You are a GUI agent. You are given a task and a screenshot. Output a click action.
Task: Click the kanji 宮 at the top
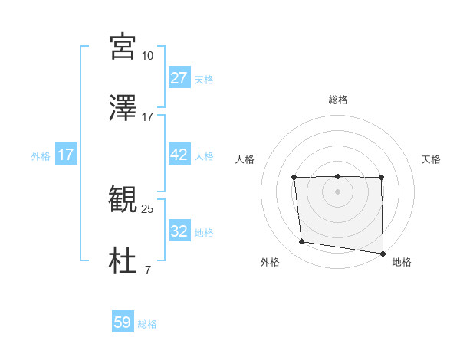coord(123,47)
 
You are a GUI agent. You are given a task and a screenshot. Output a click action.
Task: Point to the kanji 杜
coord(123,261)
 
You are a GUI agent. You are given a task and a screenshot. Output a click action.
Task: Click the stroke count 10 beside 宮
coord(147,56)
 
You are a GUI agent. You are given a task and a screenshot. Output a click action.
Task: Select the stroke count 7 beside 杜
coord(147,270)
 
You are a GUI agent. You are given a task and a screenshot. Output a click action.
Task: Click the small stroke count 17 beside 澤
coord(147,117)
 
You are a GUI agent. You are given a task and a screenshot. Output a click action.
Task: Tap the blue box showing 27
coord(179,78)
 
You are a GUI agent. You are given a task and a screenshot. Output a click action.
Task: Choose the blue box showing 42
coord(179,155)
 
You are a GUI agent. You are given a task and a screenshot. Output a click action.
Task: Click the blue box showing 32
coord(179,231)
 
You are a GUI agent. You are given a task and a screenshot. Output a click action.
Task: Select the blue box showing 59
coord(123,322)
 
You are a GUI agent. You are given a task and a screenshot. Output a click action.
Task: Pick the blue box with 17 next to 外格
coord(66,155)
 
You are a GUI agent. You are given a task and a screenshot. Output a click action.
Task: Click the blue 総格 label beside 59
coord(147,324)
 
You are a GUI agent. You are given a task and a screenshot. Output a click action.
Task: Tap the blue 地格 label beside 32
coord(204,233)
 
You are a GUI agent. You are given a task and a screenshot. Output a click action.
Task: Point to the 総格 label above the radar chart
coord(338,100)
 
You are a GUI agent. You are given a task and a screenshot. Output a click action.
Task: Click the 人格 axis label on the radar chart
coord(245,159)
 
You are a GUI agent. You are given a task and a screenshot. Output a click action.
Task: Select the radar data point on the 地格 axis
coord(383,253)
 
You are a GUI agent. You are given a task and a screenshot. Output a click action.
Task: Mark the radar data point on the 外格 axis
coord(302,242)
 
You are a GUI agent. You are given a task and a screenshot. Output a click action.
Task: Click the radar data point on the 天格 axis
coord(381,178)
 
